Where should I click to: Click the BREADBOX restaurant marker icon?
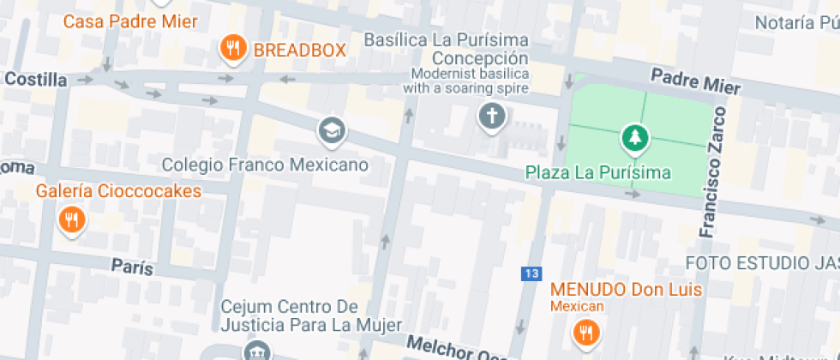[x=232, y=49]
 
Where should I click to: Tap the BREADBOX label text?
[x=299, y=50]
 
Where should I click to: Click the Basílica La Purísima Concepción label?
[x=446, y=50]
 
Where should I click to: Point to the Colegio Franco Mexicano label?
[x=265, y=164]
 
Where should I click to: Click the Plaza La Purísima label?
[x=598, y=172]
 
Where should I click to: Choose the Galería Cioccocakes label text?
[x=118, y=190]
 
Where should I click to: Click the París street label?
[x=132, y=267]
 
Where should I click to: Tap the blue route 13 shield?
[x=531, y=273]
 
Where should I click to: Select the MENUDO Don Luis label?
[x=626, y=290]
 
